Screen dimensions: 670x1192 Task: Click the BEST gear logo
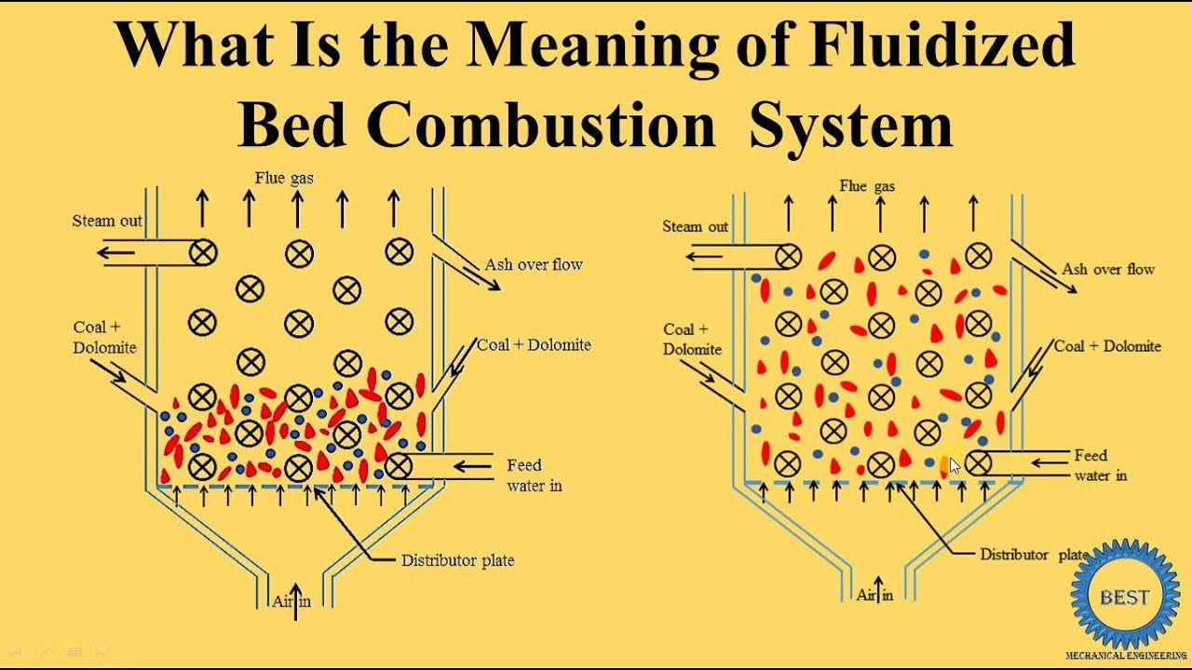(x=1124, y=596)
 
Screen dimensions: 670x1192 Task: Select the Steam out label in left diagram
(x=107, y=221)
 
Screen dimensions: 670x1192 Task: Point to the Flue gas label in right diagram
(x=867, y=186)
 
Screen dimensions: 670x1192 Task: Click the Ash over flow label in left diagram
(x=534, y=264)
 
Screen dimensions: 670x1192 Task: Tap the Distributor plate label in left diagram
(x=457, y=560)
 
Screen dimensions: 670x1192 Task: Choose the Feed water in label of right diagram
(x=1099, y=465)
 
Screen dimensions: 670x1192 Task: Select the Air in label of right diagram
(x=874, y=595)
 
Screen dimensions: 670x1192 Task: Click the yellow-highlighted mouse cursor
(x=954, y=465)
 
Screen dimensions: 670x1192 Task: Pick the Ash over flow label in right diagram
(x=1108, y=269)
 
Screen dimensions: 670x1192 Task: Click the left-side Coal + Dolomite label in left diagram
(x=104, y=338)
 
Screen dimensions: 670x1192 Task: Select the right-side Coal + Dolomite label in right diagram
(x=1107, y=346)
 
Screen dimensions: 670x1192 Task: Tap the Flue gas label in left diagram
(x=284, y=178)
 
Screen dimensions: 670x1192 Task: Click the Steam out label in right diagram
(x=695, y=226)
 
